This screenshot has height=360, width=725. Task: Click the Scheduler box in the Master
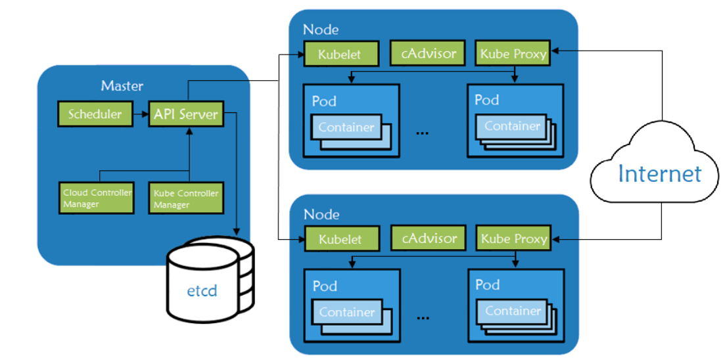pyautogui.click(x=95, y=114)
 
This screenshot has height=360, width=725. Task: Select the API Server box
pyautogui.click(x=185, y=114)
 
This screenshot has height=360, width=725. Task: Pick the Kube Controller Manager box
pyautogui.click(x=185, y=198)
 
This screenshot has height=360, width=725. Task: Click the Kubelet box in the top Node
pyautogui.click(x=340, y=55)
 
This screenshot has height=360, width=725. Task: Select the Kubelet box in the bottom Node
pyautogui.click(x=340, y=239)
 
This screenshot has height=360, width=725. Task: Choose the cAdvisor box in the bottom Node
pyautogui.click(x=429, y=238)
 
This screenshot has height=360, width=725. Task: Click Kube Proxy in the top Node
pyautogui.click(x=513, y=54)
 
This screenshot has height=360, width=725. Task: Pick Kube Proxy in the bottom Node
pyautogui.click(x=513, y=238)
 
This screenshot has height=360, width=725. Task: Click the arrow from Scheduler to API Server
pyautogui.click(x=140, y=114)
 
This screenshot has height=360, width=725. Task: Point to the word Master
pyautogui.click(x=122, y=86)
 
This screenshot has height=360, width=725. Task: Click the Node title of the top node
pyautogui.click(x=321, y=30)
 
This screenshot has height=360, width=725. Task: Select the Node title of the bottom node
pyautogui.click(x=321, y=215)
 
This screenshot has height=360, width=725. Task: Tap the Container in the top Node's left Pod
pyautogui.click(x=346, y=127)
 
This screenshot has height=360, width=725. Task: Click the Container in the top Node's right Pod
pyautogui.click(x=512, y=125)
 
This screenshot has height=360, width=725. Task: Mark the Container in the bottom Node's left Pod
pyautogui.click(x=346, y=313)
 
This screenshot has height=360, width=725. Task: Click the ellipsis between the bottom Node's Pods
pyautogui.click(x=423, y=317)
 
